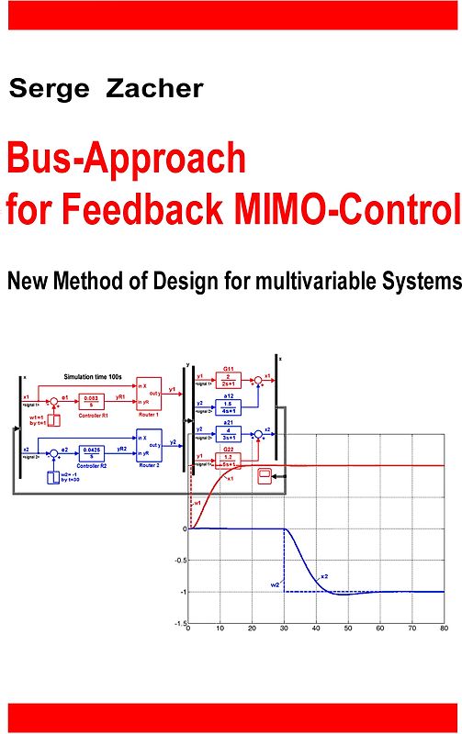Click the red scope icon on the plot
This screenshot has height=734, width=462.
[x=265, y=475]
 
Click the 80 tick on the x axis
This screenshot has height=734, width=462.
[x=444, y=629]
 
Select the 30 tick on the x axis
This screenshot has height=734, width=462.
[x=284, y=629]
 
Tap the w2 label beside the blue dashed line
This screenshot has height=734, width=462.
[x=275, y=584]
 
